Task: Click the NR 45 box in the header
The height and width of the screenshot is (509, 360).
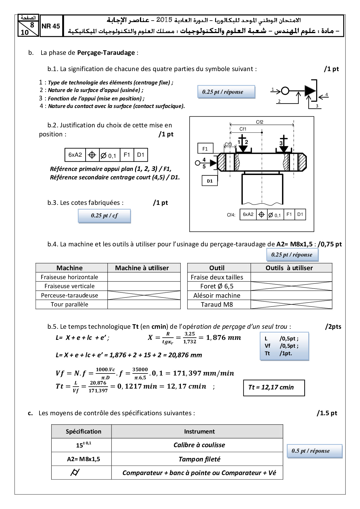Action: [51, 26]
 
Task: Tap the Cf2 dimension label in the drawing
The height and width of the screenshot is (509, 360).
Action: [260, 122]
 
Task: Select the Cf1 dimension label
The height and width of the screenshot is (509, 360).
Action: [243, 129]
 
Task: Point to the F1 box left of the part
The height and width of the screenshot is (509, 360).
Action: [205, 149]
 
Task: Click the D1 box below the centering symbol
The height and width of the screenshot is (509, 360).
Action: [210, 181]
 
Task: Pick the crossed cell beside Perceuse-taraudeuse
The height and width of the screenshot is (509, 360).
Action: [144, 295]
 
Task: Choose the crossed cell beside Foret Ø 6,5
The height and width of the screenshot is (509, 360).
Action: [291, 286]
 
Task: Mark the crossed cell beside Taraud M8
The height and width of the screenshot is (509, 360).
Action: [291, 304]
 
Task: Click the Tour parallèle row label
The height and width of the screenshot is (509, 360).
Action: [69, 304]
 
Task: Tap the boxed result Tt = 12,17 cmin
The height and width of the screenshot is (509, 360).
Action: [274, 388]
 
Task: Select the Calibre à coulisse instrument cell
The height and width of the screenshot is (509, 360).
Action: [199, 445]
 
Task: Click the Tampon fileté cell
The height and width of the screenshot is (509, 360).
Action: [199, 459]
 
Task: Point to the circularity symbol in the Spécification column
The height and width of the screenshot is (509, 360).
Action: [75, 473]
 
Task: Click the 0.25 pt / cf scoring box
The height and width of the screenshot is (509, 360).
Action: [104, 216]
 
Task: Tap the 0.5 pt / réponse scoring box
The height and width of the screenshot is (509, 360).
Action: [314, 451]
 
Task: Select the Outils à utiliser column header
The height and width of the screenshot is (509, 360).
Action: [289, 268]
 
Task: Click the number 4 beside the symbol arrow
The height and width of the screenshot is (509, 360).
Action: [326, 94]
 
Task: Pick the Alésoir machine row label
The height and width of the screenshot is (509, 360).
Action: [217, 295]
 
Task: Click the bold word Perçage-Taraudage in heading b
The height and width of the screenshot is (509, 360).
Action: [106, 53]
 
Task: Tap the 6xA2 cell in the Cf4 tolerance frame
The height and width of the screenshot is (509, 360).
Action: [248, 214]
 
